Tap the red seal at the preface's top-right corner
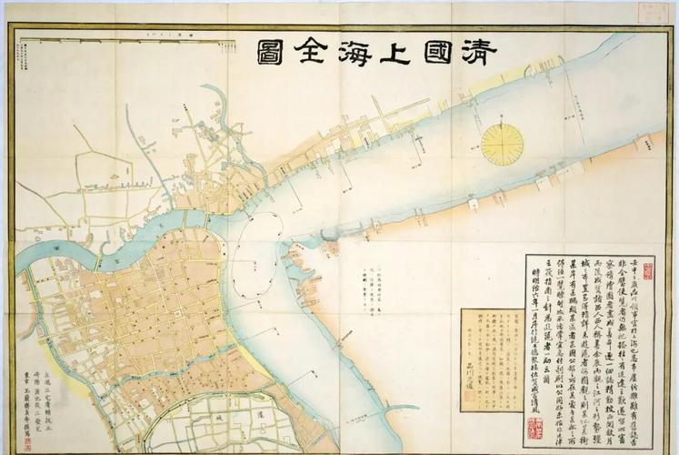[649, 271]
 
